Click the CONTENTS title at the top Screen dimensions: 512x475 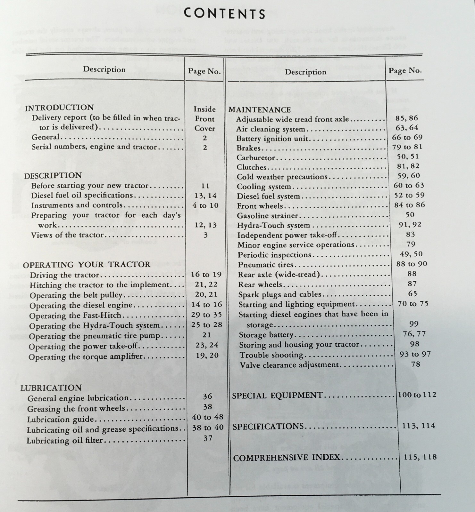[x=225, y=14]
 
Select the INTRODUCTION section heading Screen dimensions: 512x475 [x=59, y=108]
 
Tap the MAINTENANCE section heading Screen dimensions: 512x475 [x=259, y=110]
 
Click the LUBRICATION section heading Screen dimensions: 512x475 [x=51, y=388]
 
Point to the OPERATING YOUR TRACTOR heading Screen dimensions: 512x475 [x=87, y=265]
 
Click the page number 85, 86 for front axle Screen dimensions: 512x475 [x=407, y=118]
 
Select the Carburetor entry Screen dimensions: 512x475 [x=256, y=158]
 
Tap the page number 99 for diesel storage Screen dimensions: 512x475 [x=414, y=324]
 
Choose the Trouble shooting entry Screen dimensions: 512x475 [x=271, y=355]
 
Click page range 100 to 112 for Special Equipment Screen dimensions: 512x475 [x=417, y=395]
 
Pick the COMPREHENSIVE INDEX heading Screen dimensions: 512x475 [x=287, y=458]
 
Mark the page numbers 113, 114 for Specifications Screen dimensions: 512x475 [x=419, y=426]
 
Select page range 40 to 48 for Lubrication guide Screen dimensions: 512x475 [x=207, y=417]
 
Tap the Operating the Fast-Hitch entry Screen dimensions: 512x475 [x=75, y=316]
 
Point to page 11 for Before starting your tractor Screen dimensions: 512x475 [x=205, y=186]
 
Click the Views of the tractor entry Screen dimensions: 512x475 [x=67, y=235]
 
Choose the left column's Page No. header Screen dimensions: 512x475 [x=204, y=71]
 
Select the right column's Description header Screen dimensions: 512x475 [x=305, y=72]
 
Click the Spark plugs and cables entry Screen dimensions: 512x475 [x=279, y=294]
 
